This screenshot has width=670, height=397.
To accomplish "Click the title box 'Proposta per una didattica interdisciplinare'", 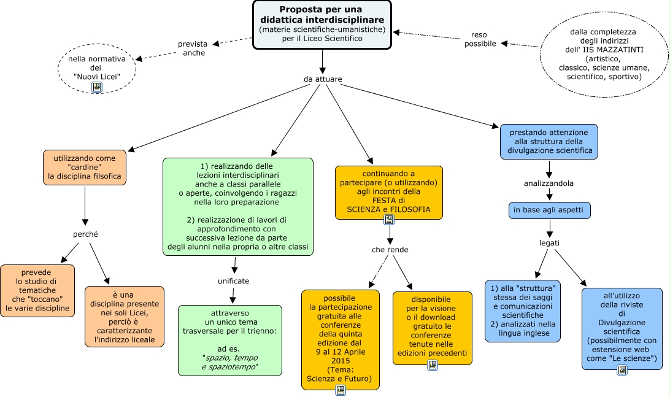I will click(x=322, y=24).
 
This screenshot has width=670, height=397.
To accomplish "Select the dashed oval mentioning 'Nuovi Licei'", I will click(x=96, y=67).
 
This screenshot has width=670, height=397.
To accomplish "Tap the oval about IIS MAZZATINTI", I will click(x=603, y=54).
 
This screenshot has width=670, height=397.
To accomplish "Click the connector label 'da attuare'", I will click(x=323, y=79).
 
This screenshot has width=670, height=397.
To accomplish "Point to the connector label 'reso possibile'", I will click(x=480, y=39).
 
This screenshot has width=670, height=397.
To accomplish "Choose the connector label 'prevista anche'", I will click(x=193, y=48).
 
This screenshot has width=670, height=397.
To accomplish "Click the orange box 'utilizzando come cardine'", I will click(x=85, y=168).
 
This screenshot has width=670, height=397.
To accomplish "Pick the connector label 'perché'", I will click(x=85, y=234).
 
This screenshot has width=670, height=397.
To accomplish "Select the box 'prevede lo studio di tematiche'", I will click(x=37, y=290).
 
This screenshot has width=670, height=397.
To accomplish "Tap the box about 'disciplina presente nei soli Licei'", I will click(x=125, y=316).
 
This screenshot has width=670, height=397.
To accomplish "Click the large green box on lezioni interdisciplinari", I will click(x=238, y=207).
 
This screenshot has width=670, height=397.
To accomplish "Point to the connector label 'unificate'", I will click(x=233, y=281).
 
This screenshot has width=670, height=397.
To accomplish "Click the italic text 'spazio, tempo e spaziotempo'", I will click(x=230, y=361).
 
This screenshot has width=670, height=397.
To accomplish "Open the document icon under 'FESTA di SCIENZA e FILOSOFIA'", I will click(x=388, y=220).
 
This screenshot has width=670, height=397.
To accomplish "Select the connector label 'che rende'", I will click(x=390, y=250).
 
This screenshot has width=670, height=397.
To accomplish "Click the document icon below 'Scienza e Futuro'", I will click(x=341, y=390).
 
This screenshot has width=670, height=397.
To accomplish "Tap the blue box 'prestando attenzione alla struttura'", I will click(x=549, y=141).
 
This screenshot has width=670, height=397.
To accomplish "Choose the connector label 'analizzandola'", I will click(x=549, y=183).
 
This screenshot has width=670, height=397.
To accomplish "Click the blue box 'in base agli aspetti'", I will click(x=550, y=210).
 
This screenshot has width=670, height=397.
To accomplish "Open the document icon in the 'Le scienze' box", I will click(x=622, y=369).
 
